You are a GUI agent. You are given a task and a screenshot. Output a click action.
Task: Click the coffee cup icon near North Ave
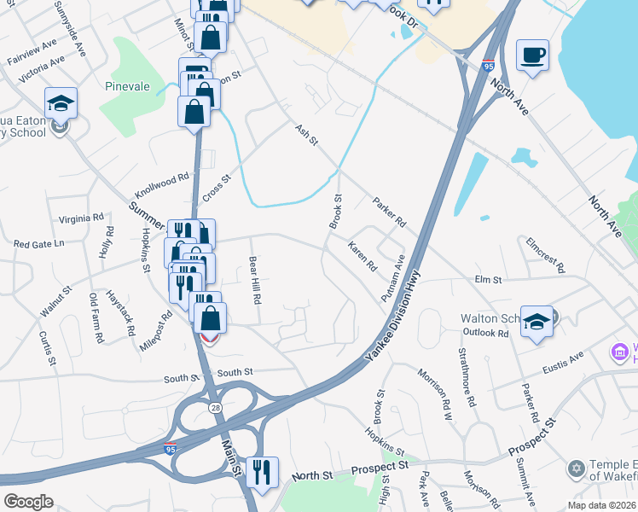tap(532, 55)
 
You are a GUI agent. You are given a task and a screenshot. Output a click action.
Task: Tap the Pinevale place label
tap(127, 86)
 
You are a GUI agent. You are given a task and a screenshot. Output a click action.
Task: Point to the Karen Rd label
tap(362, 255)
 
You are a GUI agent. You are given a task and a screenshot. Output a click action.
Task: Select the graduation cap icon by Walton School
tap(536, 322)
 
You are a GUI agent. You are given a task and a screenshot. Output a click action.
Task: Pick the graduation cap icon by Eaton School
tap(61, 103)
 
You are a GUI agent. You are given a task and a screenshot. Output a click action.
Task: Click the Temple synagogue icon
tap(576, 468)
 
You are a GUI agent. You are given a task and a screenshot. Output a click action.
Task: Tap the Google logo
tap(27, 502)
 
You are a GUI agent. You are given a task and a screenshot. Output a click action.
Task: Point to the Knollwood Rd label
tap(159, 183)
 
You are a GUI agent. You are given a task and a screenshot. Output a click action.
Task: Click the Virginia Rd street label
tap(81, 218)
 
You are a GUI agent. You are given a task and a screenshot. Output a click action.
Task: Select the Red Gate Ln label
tap(39, 244)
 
